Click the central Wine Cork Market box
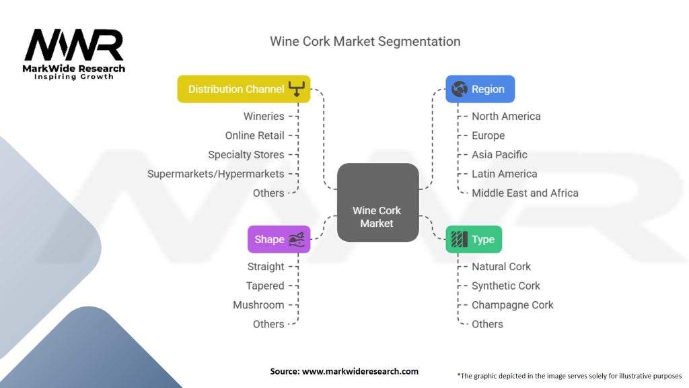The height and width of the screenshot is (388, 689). (x=377, y=202)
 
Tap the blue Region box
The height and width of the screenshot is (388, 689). (x=480, y=89)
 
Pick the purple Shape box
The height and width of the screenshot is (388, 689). (x=279, y=239)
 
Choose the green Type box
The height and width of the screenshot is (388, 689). (x=474, y=239)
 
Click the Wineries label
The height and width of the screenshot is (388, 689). (x=264, y=117)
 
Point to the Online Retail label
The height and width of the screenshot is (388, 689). (x=254, y=135)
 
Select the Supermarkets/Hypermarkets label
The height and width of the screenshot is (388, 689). (x=216, y=174)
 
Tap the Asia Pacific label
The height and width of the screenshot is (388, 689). (x=499, y=154)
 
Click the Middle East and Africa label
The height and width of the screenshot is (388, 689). (x=525, y=193)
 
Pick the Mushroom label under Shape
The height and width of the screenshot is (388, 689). (x=258, y=305)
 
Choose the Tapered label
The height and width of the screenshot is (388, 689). (x=265, y=286)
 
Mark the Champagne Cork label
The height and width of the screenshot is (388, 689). (x=512, y=305)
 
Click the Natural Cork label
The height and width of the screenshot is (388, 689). (x=501, y=267)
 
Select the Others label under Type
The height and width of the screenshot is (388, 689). (x=487, y=324)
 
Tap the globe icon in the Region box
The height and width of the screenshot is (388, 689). (x=460, y=89)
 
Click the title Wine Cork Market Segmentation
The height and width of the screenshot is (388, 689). (x=365, y=41)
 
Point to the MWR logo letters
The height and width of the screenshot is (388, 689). (x=74, y=46)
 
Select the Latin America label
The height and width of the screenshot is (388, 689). (x=504, y=174)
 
